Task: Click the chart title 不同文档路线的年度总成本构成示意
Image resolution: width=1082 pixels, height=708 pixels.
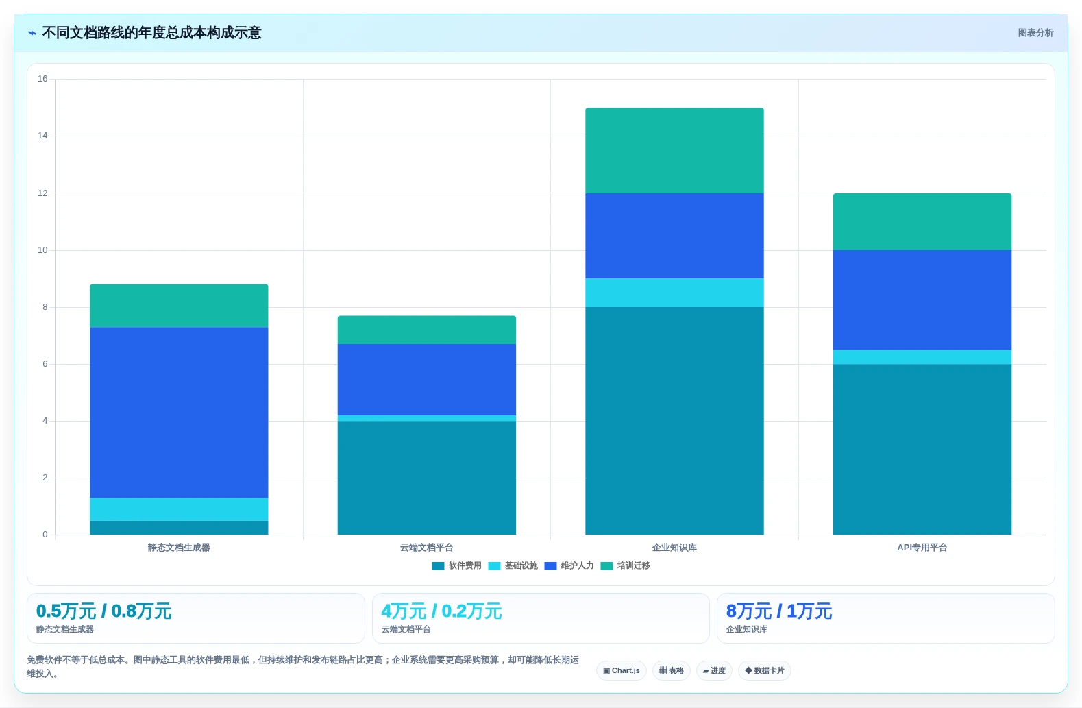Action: pos(151,33)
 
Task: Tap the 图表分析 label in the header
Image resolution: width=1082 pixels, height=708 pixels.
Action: pos(1035,33)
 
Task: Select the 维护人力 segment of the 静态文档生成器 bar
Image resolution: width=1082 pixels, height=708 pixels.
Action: pos(179,412)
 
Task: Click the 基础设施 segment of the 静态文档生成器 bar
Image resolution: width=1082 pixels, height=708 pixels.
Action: pos(179,509)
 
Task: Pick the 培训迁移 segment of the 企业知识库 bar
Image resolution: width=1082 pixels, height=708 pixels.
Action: pos(674,150)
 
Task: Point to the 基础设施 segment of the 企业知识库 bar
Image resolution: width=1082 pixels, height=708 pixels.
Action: pos(674,293)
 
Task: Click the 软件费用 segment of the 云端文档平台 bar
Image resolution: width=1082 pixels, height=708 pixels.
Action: pos(426,478)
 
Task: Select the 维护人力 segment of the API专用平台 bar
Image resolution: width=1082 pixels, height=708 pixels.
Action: pos(922,300)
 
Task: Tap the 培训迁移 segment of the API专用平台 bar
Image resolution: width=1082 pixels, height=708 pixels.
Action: pos(922,222)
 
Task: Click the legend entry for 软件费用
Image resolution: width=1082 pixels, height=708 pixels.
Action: pos(457,565)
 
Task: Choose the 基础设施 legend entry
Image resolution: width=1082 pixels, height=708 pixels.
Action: pos(513,565)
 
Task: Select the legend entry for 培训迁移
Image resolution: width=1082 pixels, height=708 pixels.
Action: pos(626,565)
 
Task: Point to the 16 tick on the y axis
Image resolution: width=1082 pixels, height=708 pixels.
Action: pos(43,79)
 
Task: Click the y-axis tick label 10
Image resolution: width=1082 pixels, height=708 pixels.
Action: pos(43,250)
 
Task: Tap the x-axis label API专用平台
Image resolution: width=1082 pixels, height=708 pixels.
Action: pos(922,548)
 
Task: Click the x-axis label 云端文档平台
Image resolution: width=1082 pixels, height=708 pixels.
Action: pos(426,548)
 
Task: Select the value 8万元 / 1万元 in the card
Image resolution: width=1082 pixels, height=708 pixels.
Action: pos(779,611)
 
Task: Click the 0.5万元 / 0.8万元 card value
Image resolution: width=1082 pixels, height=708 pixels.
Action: pos(104,611)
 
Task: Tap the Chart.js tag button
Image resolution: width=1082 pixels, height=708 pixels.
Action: pos(622,670)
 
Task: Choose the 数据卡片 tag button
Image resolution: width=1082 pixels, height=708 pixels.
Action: pos(764,670)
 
